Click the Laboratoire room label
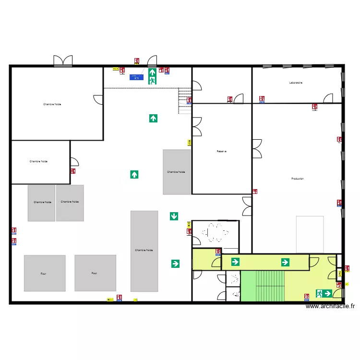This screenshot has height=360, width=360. click(296, 83)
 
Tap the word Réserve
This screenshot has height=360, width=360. click(221, 151)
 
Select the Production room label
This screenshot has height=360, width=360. click(298, 179)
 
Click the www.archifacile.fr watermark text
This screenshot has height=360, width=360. click(330, 306)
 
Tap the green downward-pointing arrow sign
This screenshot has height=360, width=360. click(174, 216)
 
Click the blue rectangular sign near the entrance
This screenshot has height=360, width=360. click(136, 76)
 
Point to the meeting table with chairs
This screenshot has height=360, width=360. click(216, 233)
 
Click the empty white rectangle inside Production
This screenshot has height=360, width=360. click(310, 234)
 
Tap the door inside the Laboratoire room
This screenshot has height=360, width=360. click(329, 98)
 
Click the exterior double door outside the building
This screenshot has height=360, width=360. click(63, 60)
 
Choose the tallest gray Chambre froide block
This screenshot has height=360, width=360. click(144, 251)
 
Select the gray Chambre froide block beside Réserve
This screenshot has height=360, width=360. click(177, 172)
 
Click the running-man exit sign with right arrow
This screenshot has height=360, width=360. click(324, 293)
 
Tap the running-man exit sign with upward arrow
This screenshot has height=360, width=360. click(152, 76)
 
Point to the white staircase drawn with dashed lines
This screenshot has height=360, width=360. click(184, 101)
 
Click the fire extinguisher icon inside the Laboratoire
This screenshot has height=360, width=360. click(314, 107)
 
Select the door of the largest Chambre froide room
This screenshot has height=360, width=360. click(98, 99)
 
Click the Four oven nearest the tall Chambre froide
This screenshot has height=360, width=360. click(95, 273)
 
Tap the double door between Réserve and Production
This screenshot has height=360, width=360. click(257, 149)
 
